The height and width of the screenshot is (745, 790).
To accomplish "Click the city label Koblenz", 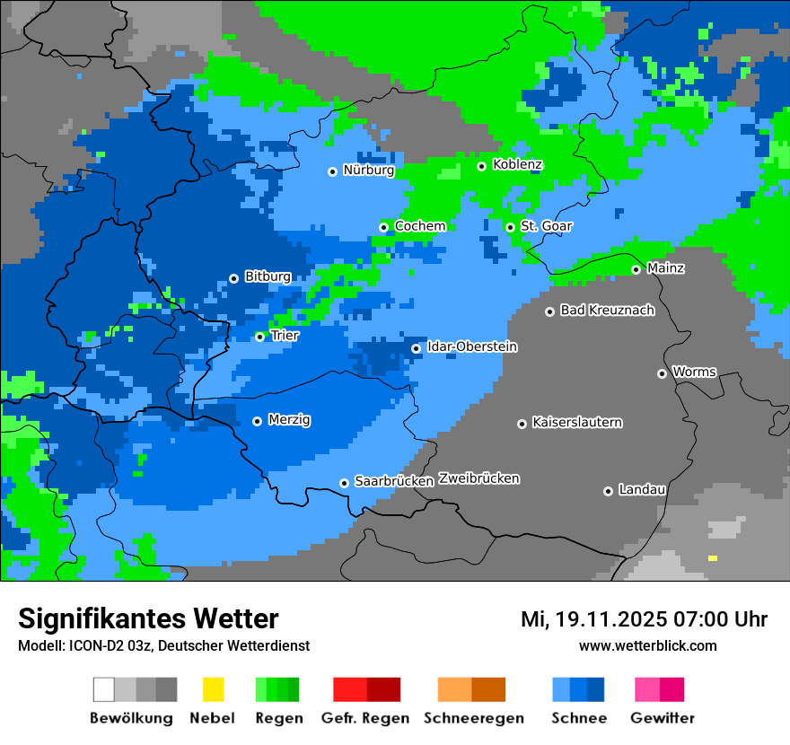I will click(x=517, y=164).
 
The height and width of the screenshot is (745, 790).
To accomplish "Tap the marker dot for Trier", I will click(x=259, y=337).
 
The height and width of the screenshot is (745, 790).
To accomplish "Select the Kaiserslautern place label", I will click(x=576, y=422).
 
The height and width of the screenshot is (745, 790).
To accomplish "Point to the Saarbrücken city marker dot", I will click(x=344, y=483).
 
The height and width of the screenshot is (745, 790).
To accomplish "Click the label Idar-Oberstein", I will click(x=471, y=346).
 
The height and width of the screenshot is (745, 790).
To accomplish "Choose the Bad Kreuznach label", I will click(x=607, y=310).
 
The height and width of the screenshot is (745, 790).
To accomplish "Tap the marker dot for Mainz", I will click(x=636, y=269).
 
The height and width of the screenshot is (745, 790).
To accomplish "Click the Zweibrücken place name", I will click(x=478, y=478).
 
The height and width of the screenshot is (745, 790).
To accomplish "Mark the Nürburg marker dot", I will click(x=332, y=171).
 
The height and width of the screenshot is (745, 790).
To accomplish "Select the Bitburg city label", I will click(x=268, y=276).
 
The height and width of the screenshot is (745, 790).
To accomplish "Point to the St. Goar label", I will click(x=546, y=226).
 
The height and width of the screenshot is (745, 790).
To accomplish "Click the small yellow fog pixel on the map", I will click(x=713, y=558).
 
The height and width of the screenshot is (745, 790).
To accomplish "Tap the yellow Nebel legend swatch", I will click(x=213, y=689).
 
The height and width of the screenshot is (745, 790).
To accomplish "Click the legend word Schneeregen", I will click(x=474, y=718).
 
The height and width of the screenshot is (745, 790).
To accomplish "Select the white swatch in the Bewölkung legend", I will click(x=103, y=689).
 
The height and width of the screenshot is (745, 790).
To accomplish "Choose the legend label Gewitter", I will click(x=662, y=718).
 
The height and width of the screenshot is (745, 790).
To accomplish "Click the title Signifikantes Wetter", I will click(x=148, y=618).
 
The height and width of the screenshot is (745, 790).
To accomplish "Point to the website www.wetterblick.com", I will click(x=647, y=645).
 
